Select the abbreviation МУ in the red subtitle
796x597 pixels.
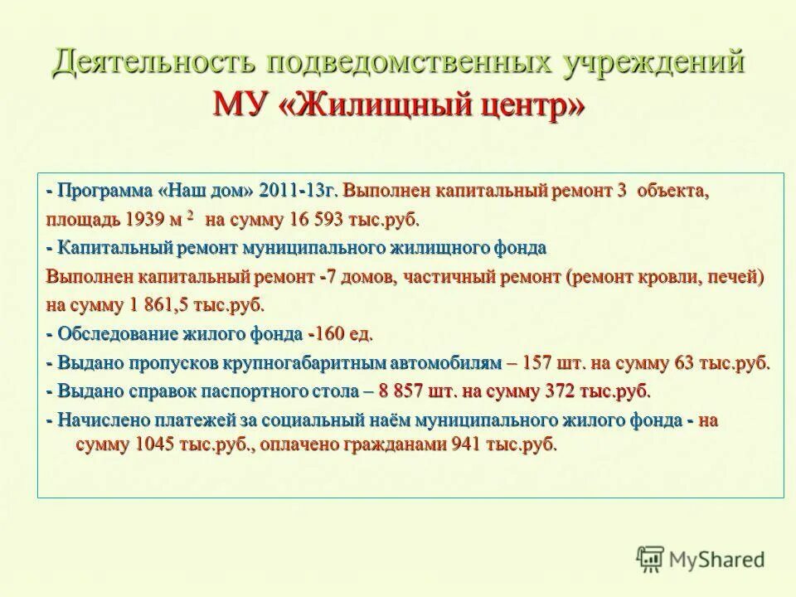coord(241,107)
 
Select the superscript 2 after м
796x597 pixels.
coord(190,215)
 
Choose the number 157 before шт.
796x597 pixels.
coord(543,363)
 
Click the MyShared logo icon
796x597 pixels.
coord(652,558)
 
